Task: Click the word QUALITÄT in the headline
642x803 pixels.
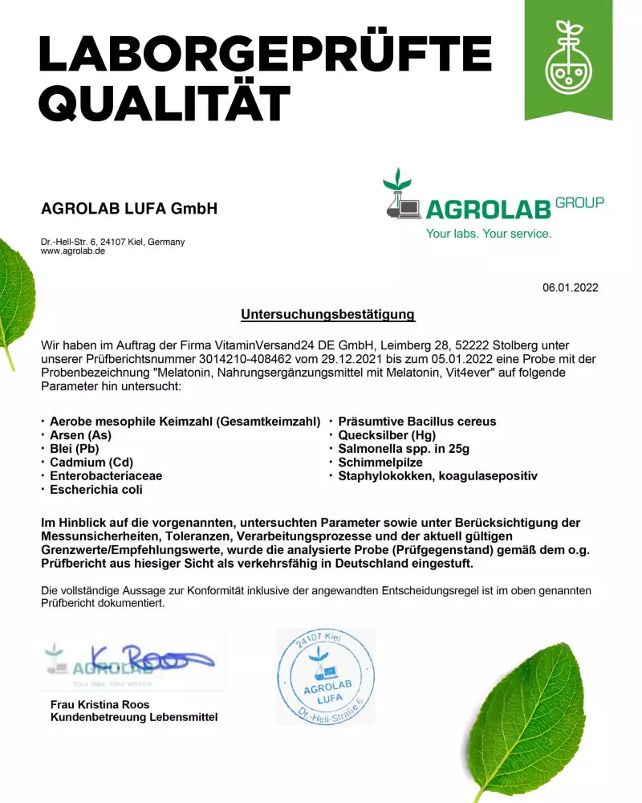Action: click(x=165, y=104)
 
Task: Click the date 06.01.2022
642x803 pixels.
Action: click(x=570, y=287)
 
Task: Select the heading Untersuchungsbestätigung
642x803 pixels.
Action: click(x=327, y=315)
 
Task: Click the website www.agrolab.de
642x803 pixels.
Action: click(x=73, y=251)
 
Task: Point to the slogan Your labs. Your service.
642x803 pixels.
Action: click(x=488, y=234)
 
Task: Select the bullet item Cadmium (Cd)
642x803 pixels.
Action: click(x=91, y=462)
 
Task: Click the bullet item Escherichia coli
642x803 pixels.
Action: click(x=96, y=489)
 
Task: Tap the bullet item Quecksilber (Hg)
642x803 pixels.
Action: click(x=387, y=434)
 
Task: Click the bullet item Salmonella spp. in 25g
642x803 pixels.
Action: click(x=404, y=448)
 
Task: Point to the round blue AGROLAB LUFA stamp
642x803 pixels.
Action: click(x=325, y=677)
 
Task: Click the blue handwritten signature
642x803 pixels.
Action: click(x=152, y=660)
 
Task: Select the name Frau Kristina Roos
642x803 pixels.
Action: click(x=100, y=705)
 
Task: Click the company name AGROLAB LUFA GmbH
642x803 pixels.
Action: click(x=129, y=209)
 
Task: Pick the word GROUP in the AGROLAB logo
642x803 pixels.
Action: click(x=579, y=202)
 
